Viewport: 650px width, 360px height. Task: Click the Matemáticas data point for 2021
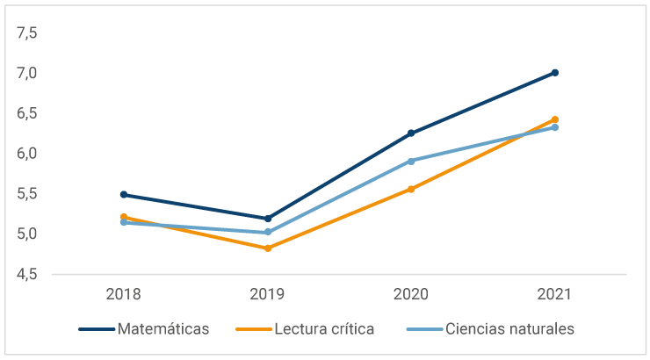pyautogui.click(x=555, y=73)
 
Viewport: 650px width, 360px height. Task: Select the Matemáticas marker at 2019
pyautogui.click(x=268, y=219)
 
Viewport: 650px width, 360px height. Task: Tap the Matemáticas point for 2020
pyautogui.click(x=411, y=133)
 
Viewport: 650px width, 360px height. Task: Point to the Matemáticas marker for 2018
pyautogui.click(x=124, y=195)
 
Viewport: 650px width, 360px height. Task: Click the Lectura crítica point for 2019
pyautogui.click(x=268, y=248)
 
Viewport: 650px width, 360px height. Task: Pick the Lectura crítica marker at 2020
pyautogui.click(x=411, y=189)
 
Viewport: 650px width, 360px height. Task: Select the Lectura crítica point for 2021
pyautogui.click(x=555, y=119)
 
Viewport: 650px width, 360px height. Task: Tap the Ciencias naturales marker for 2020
pyautogui.click(x=411, y=162)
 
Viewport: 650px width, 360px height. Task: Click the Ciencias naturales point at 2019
pyautogui.click(x=268, y=233)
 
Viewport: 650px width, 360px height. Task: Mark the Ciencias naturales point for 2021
pyautogui.click(x=555, y=127)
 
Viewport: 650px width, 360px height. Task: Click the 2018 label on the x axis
pyautogui.click(x=124, y=294)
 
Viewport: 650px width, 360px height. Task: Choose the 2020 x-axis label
pyautogui.click(x=411, y=294)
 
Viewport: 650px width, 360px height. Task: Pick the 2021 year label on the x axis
pyautogui.click(x=555, y=294)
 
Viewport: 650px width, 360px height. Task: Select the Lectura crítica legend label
pyautogui.click(x=324, y=329)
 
